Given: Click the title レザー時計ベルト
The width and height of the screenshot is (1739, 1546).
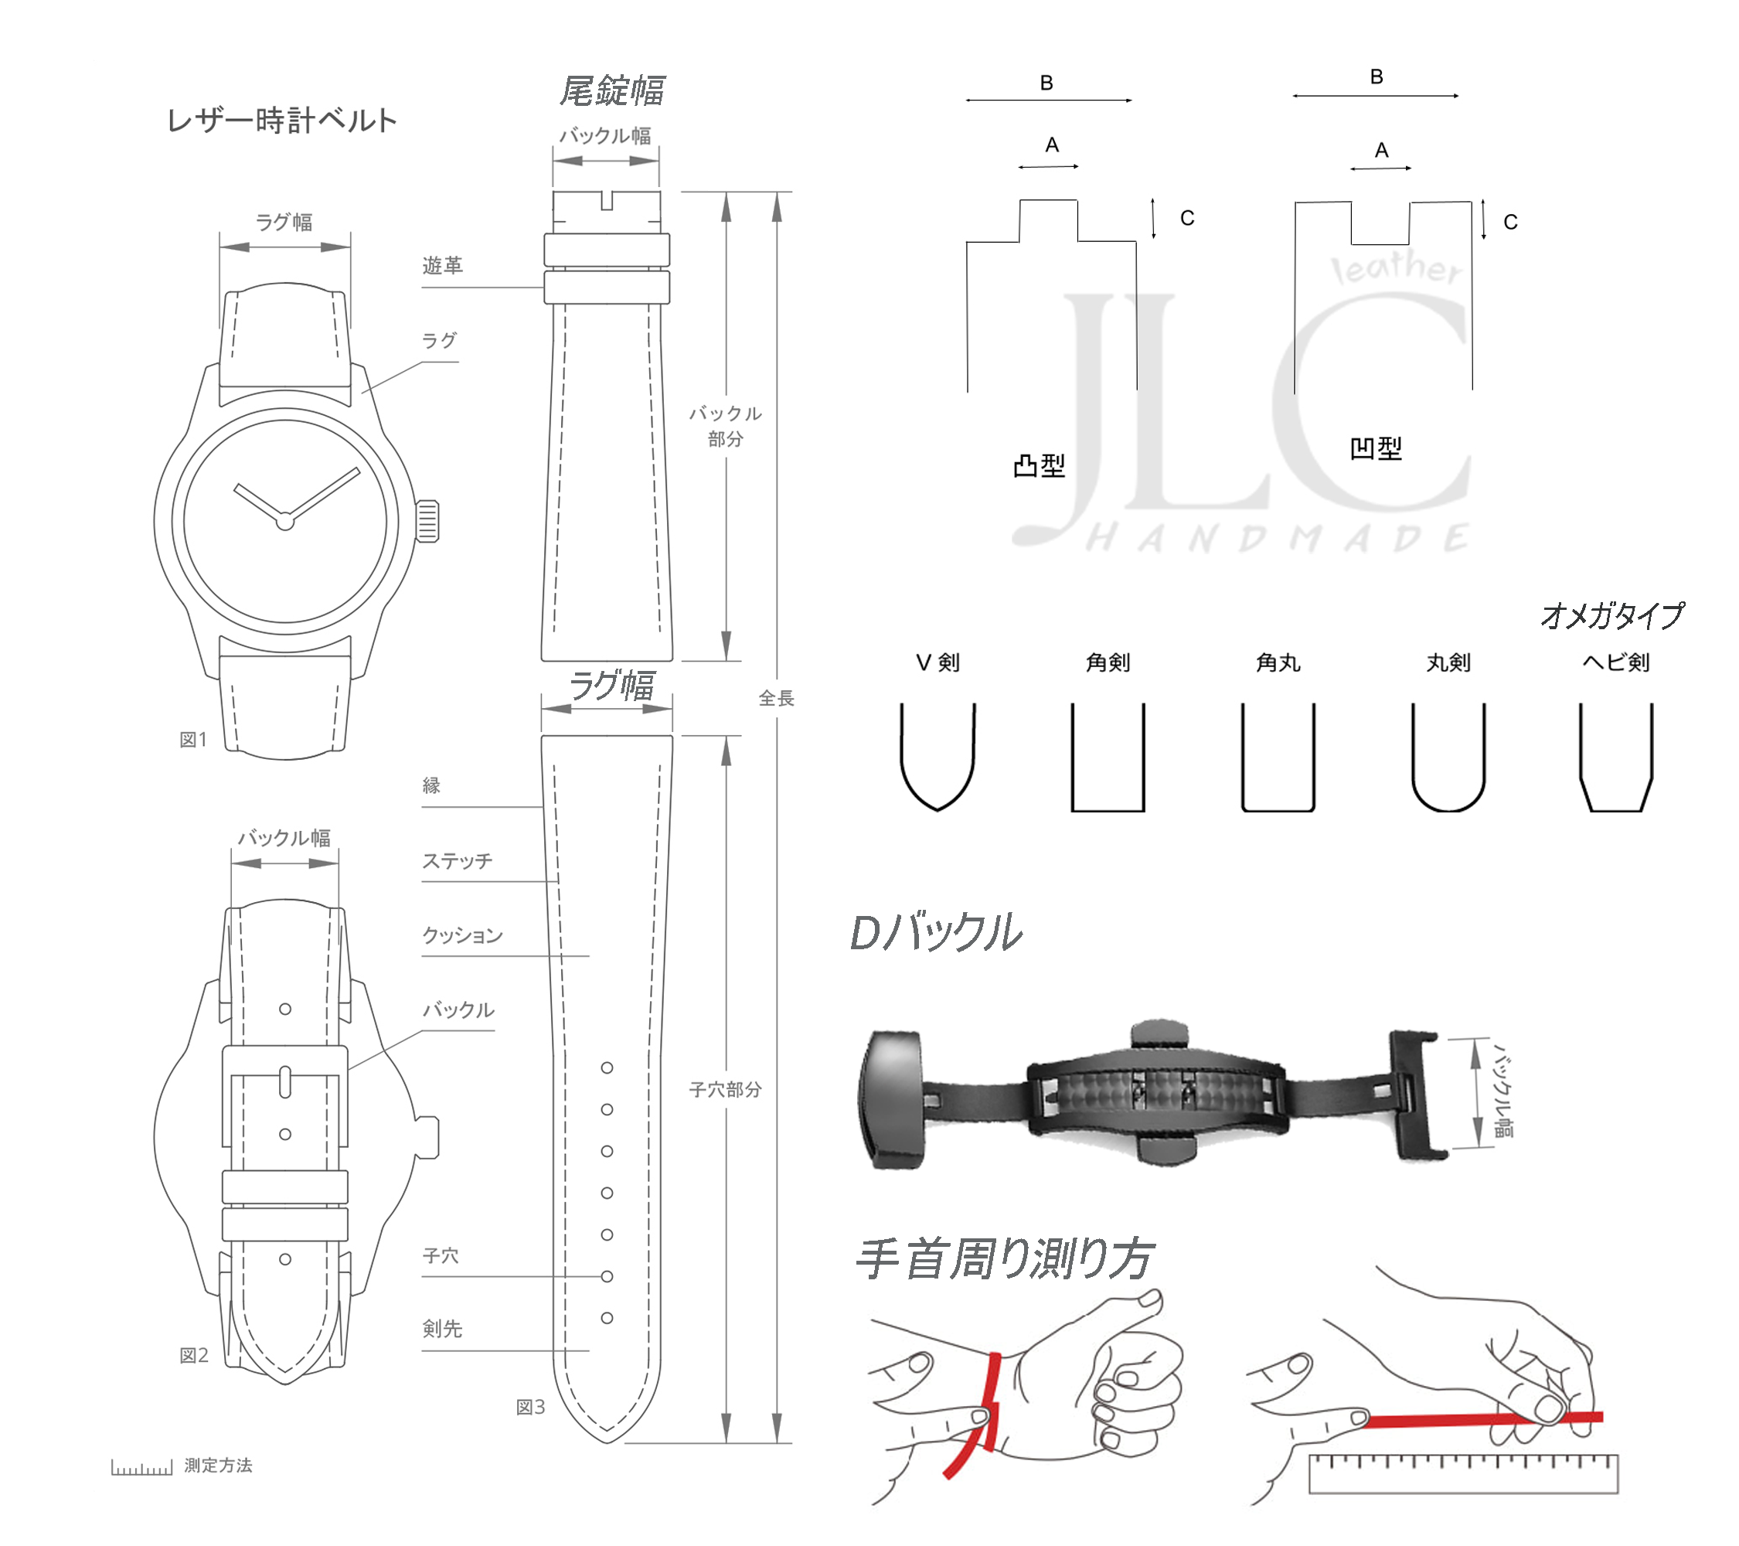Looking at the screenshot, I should [281, 121].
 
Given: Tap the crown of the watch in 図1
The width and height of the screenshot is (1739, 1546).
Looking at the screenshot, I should [427, 521].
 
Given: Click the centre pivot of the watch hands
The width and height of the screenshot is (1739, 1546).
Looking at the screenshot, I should [285, 522].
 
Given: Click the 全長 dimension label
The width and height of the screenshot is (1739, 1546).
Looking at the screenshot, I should [776, 699].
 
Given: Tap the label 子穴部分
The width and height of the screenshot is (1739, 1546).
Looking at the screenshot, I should [725, 1089].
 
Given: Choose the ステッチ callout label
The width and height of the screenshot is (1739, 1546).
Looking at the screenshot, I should [457, 861].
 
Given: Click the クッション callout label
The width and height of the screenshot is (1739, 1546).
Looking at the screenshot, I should [463, 935].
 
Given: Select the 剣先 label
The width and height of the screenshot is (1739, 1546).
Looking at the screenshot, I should [442, 1328].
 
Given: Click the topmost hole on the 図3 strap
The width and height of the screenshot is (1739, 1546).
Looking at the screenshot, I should [607, 1068].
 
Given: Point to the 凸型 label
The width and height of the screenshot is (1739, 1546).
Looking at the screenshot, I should [1039, 465].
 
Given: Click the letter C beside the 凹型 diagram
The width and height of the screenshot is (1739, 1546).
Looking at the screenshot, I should [1510, 223].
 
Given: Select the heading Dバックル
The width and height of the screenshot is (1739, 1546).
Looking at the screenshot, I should [936, 932].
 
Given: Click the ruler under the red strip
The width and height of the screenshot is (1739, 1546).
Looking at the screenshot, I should [1462, 1473].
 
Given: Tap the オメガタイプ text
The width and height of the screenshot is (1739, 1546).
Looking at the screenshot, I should [1611, 616].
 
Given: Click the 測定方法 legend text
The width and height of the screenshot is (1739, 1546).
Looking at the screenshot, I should [218, 1465].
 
